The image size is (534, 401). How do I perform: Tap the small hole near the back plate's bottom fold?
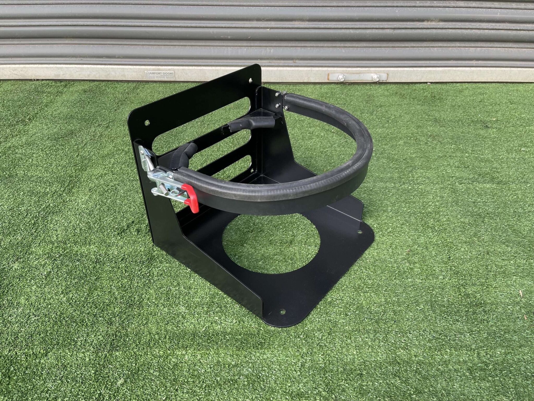[252, 170]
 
